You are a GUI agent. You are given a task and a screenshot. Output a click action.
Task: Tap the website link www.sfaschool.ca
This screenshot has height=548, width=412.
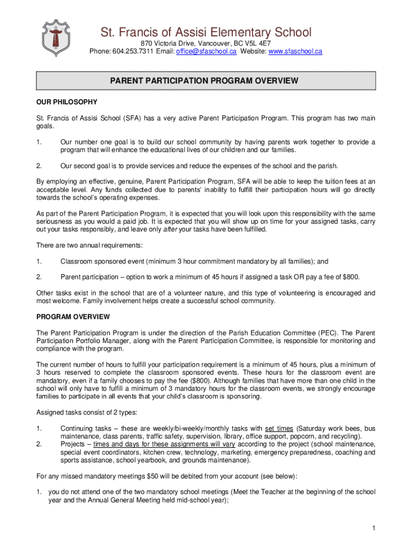pyautogui.click(x=295, y=51)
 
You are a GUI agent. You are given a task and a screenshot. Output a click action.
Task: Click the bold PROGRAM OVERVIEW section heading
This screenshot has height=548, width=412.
pyautogui.click(x=73, y=317)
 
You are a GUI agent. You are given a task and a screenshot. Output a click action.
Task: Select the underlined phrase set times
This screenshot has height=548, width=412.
pyautogui.click(x=279, y=428)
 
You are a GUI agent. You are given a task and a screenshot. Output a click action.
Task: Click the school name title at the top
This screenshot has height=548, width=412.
pyautogui.click(x=206, y=32)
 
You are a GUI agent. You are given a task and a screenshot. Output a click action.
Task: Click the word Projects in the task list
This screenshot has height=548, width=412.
pyautogui.click(x=73, y=444)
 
